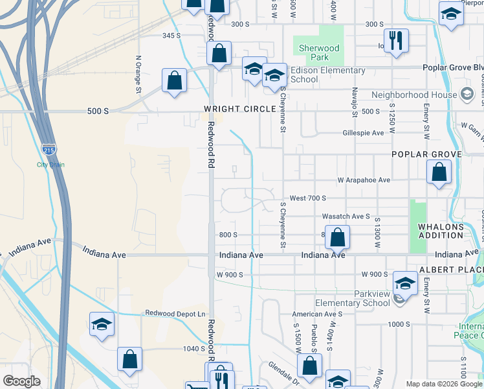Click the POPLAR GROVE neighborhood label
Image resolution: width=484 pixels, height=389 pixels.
tap(426, 154)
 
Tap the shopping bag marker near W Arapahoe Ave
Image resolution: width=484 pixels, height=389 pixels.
tap(439, 172)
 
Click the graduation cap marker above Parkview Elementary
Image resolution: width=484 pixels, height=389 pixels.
tap(405, 283)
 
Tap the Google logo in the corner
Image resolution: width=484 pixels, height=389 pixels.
tap(21, 381)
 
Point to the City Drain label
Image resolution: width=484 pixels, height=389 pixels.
tap(50, 165)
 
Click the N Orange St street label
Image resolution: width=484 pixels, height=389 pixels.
tap(138, 75)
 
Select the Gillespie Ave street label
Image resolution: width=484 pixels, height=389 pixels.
tap(363, 133)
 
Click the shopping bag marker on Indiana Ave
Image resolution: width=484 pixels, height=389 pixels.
tap(337, 237)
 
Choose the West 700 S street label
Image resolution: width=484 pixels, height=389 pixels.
tap(308, 198)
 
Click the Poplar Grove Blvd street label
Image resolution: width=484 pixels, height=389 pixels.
tap(452, 67)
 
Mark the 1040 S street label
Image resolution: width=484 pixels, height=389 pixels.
tap(193, 349)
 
